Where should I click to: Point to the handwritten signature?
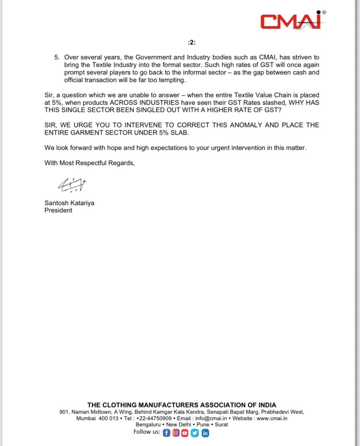pos(72,186)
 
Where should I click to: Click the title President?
pos(58,210)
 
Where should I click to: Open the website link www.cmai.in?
pos(272,419)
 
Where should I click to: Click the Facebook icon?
pos(166,433)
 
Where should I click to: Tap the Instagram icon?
pos(176,433)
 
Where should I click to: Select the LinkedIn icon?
pos(205,433)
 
